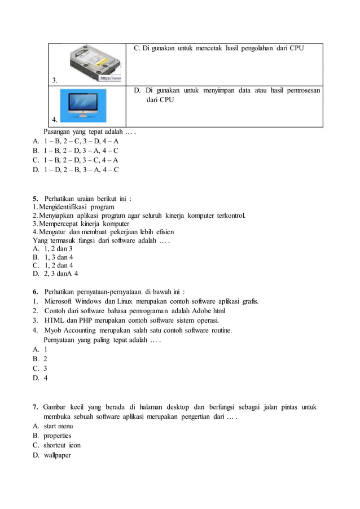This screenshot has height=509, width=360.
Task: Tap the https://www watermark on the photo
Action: click(111, 79)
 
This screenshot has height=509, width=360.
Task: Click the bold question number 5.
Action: click(35, 199)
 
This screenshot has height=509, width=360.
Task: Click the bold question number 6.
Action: click(35, 292)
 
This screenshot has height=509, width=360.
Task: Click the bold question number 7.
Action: click(35, 407)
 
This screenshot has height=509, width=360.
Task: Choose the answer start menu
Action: click(58, 426)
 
